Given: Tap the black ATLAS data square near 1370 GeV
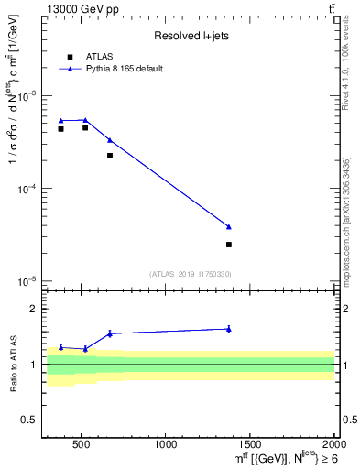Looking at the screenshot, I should (x=229, y=245).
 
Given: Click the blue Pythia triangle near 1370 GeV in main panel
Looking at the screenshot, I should (x=229, y=226).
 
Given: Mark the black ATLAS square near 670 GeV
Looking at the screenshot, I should (x=110, y=156).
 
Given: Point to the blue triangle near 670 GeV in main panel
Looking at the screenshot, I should (x=110, y=140).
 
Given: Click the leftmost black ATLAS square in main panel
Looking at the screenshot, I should (x=60, y=129).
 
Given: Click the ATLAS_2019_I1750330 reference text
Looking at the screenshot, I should (x=191, y=274).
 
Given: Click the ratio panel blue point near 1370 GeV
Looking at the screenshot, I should (x=229, y=329).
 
